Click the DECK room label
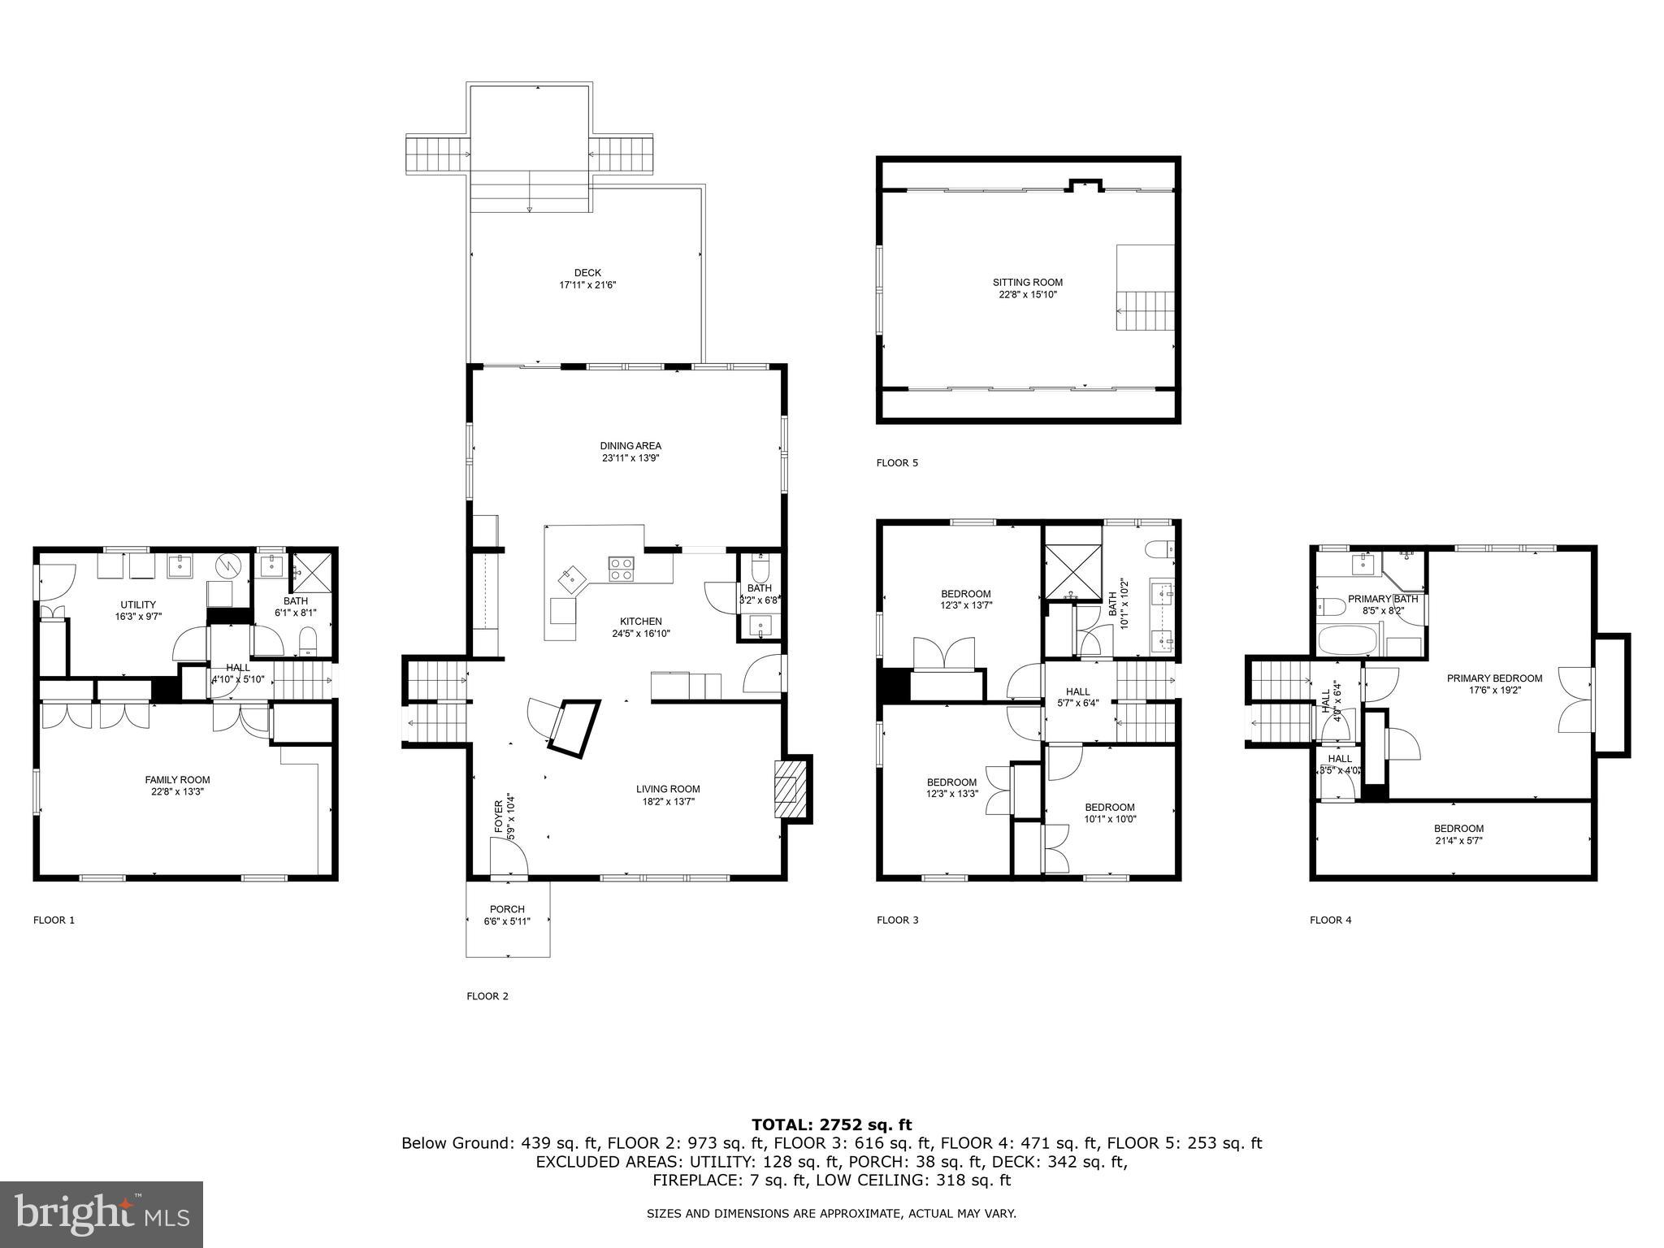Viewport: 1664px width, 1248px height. [x=587, y=279]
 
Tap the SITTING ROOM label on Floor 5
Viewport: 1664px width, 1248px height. [x=1027, y=288]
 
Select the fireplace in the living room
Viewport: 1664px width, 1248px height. [x=788, y=788]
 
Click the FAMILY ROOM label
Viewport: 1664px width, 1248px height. [x=177, y=785]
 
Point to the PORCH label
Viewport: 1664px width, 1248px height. [x=507, y=915]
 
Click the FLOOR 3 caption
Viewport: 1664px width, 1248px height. [x=897, y=920]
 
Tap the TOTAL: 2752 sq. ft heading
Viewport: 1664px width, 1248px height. [x=831, y=1124]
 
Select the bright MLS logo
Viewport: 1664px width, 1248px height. [x=102, y=1214]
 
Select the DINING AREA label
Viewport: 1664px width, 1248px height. [x=630, y=452]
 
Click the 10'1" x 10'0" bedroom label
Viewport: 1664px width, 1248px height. [x=1109, y=812]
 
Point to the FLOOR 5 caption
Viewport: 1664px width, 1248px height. [x=897, y=463]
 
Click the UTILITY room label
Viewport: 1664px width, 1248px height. [x=138, y=610]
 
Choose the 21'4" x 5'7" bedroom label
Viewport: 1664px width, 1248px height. [x=1458, y=834]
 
